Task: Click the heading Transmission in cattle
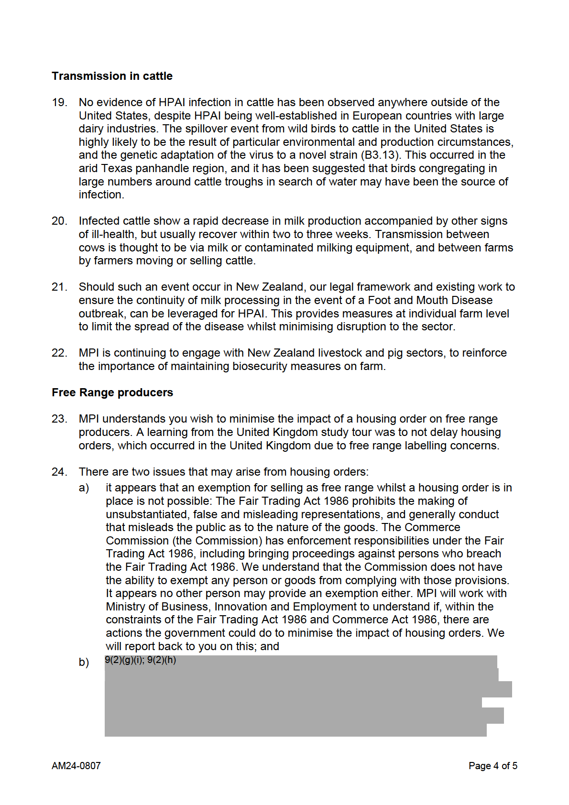click(112, 76)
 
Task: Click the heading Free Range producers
click(112, 392)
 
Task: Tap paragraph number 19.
click(59, 102)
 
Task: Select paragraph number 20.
click(59, 221)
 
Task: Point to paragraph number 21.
click(59, 287)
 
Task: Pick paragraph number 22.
click(59, 353)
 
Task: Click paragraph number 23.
click(59, 419)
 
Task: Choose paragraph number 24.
click(59, 472)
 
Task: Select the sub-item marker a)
click(84, 488)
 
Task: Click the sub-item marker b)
click(84, 662)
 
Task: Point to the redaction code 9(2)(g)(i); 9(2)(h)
click(141, 660)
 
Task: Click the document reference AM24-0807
click(76, 766)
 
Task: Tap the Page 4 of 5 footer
click(492, 766)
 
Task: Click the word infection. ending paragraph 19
click(101, 195)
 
